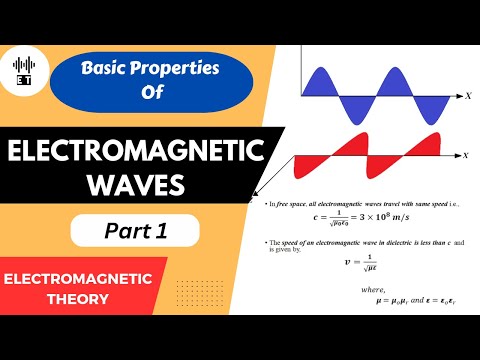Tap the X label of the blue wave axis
467,96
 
